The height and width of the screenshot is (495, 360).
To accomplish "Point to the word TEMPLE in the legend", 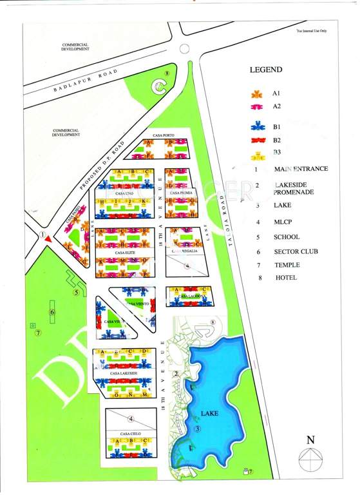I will tap(287, 265).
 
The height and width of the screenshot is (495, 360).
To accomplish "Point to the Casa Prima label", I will tap(178, 192).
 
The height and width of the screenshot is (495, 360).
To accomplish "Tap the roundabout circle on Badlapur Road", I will tap(185, 48).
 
